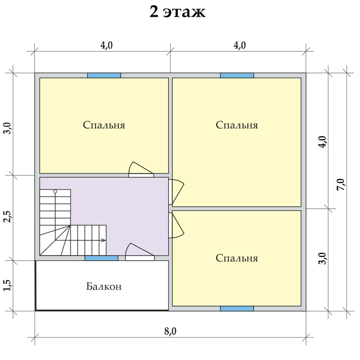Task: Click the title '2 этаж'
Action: tap(177, 12)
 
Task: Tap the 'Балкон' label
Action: tap(104, 287)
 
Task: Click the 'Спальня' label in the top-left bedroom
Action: tap(104, 126)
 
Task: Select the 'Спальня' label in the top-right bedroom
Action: tap(237, 126)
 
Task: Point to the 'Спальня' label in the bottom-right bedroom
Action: tap(237, 258)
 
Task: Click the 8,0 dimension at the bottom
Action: tap(171, 331)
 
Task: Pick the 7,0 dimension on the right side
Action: tap(341, 184)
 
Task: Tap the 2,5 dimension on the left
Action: tap(8, 216)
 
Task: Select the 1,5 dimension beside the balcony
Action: tap(8, 285)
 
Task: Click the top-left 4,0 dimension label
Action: tap(107, 45)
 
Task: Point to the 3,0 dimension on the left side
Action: tap(8, 128)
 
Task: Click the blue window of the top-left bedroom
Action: tap(104, 76)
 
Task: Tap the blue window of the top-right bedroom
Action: tap(237, 76)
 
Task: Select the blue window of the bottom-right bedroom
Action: tap(237, 309)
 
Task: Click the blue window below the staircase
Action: tap(101, 258)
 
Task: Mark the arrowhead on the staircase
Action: tap(104, 240)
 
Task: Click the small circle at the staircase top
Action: tap(55, 191)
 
